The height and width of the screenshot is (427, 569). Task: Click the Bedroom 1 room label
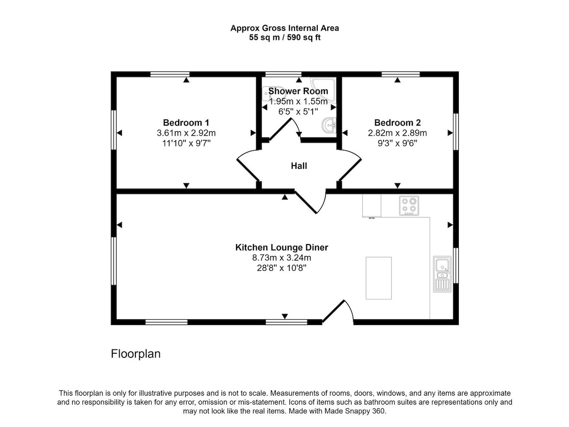click(186, 122)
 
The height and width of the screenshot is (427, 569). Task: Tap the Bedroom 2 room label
click(397, 122)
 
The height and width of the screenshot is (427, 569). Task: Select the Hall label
click(299, 166)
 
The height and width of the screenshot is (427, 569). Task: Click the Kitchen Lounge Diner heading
click(282, 247)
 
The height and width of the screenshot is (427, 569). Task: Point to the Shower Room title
click(298, 91)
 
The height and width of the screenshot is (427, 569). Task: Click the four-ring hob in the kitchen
click(409, 206)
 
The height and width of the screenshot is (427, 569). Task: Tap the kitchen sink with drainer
click(442, 274)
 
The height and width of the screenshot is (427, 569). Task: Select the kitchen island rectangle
click(378, 278)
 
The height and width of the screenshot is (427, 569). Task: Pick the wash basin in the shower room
click(329, 125)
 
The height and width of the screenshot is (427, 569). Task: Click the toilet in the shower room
click(271, 94)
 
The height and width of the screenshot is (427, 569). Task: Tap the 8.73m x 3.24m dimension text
click(282, 258)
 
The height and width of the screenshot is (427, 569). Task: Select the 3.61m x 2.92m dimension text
click(186, 133)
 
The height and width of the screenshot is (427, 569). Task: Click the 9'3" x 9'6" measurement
click(397, 143)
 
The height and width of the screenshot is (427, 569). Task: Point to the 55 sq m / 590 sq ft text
click(284, 37)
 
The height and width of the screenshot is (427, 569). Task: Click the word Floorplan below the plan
click(136, 354)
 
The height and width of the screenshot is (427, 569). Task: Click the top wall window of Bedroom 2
click(400, 74)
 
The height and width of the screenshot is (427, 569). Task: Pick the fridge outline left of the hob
click(371, 206)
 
